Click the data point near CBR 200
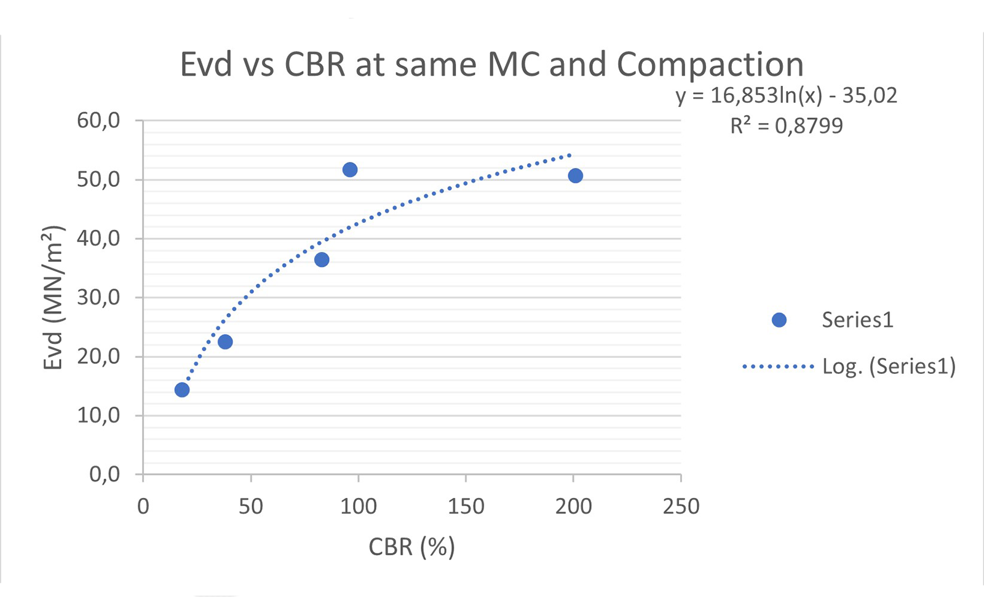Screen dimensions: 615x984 pyautogui.click(x=575, y=176)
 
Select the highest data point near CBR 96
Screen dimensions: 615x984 pyautogui.click(x=350, y=170)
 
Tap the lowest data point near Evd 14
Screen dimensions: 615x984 pyautogui.click(x=182, y=390)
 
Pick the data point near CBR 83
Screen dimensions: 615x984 pyautogui.click(x=322, y=260)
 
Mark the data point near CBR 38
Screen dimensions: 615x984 pyautogui.click(x=225, y=342)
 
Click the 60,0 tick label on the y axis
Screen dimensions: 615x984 pyautogui.click(x=98, y=121)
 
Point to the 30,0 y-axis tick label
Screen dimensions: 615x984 pyautogui.click(x=98, y=298)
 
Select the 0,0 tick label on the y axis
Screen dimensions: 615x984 pyautogui.click(x=105, y=474)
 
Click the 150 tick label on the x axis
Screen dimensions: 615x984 pyautogui.click(x=466, y=507)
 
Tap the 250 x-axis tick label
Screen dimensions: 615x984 pyautogui.click(x=681, y=507)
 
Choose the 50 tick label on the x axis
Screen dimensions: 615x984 pyautogui.click(x=250, y=507)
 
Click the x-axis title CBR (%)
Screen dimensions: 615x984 pyautogui.click(x=411, y=547)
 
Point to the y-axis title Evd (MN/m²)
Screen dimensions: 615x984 pyautogui.click(x=54, y=298)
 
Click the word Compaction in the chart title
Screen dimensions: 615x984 pyautogui.click(x=710, y=65)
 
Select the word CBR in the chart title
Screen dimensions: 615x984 pyautogui.click(x=315, y=65)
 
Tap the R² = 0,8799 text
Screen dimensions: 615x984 pyautogui.click(x=787, y=126)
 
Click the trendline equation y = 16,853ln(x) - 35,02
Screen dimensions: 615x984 pyautogui.click(x=787, y=95)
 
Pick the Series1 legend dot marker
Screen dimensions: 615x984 pyautogui.click(x=779, y=320)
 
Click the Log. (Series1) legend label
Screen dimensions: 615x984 pyautogui.click(x=889, y=367)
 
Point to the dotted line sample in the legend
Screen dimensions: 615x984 pyautogui.click(x=778, y=367)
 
